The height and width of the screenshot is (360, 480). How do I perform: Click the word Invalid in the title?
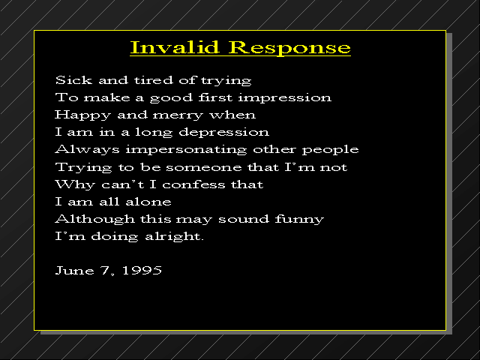coord(175,47)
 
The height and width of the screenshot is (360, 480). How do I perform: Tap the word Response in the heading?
coord(289,49)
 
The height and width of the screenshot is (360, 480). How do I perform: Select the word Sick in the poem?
coord(73,80)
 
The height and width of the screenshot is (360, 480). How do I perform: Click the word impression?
coord(285,98)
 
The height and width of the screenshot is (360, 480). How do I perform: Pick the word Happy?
coord(82,115)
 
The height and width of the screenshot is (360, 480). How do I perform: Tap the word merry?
coord(178,115)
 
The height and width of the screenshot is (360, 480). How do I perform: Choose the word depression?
coord(223,133)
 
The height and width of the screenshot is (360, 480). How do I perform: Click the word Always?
coord(87,150)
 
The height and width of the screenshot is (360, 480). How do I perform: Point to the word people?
coord(330,150)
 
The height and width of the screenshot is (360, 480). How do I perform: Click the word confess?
coord(193,184)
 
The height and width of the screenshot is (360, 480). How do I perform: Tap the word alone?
coord(148,202)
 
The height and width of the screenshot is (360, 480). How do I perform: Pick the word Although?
coord(95,220)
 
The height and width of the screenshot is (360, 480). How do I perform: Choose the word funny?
coord(299,220)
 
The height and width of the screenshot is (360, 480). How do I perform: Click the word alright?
coord(174,237)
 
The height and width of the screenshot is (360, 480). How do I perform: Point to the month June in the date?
coord(74,271)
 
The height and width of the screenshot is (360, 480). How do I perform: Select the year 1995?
coord(142,271)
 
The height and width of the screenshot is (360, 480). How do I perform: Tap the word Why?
coord(75,185)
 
